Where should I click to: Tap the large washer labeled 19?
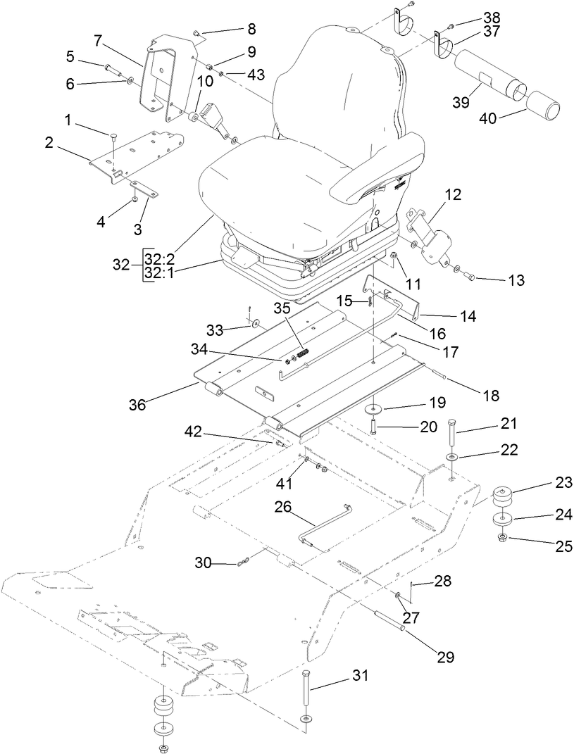[x=374, y=409]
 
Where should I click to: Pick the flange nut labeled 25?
[x=502, y=539]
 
